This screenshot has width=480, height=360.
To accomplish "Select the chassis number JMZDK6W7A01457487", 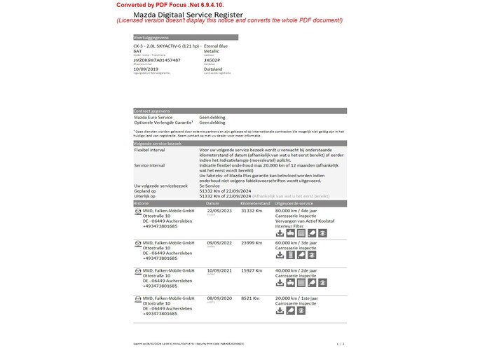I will (156, 60).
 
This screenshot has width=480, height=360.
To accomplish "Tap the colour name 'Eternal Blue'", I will (215, 46).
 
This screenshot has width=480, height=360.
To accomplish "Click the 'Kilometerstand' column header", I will (256, 202).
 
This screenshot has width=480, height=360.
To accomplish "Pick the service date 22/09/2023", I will (220, 210).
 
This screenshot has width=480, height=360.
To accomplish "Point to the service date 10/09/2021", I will (220, 270).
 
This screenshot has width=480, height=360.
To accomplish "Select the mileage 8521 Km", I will (250, 298).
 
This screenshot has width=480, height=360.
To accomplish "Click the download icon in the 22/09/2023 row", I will (280, 233).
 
